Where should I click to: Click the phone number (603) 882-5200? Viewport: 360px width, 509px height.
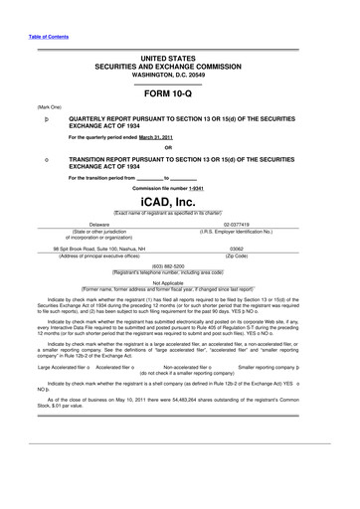pos(180,265)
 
